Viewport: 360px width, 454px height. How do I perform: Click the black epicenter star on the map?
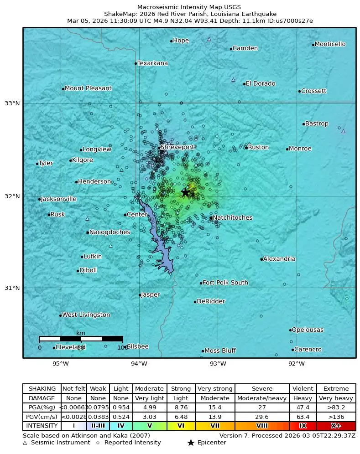[x=185, y=193]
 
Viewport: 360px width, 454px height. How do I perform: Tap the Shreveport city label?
[x=177, y=147]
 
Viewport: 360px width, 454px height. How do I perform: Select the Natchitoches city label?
[x=232, y=218]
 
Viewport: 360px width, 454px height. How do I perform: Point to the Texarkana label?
[x=152, y=63]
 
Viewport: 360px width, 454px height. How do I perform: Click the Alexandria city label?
[x=279, y=259]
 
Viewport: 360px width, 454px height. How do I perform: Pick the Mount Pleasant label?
[x=88, y=88]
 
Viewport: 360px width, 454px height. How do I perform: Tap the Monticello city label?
[x=330, y=44]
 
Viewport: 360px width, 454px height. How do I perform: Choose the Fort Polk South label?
[x=225, y=283]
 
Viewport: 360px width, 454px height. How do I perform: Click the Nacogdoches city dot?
[x=87, y=232]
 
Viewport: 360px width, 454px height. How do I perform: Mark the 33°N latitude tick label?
[x=12, y=103]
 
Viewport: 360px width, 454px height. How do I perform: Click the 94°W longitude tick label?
[x=139, y=364]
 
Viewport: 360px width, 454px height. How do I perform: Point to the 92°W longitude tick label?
[x=297, y=364]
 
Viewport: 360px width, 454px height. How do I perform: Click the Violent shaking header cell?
[x=303, y=389]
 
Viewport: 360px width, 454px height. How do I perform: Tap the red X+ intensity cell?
[x=336, y=426]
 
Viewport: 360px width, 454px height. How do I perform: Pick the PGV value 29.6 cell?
[x=261, y=417]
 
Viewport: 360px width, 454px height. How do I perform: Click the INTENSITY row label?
[x=42, y=426]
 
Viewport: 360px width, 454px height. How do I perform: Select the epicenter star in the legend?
[x=191, y=443]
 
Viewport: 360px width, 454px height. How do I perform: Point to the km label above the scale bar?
[x=81, y=333]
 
